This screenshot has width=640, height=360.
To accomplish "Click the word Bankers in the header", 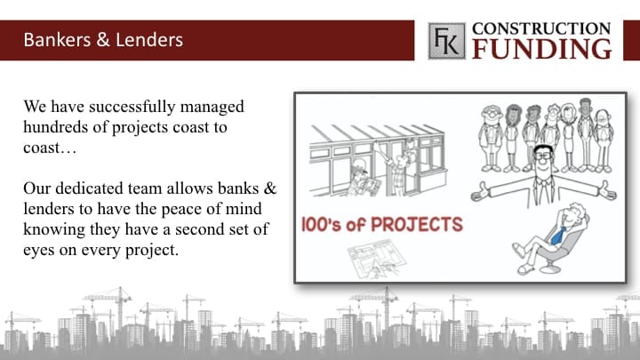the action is click(57, 40).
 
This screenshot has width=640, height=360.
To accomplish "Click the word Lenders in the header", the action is click(149, 40).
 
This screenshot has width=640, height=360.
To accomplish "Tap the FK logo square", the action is click(446, 41).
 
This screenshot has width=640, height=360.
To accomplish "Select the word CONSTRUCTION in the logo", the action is click(541, 28).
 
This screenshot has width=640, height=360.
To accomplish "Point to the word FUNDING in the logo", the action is click(542, 49).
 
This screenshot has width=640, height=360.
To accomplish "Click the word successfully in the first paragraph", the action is click(132, 107).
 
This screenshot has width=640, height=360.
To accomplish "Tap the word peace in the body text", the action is click(180, 210).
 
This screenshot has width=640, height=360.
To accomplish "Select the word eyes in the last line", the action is click(39, 250).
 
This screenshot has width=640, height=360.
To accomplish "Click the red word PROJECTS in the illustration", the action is click(417, 225).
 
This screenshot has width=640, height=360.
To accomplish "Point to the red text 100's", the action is click(320, 225).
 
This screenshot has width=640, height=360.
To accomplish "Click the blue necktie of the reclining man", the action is click(558, 236).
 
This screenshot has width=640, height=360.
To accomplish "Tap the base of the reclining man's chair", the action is click(549, 268).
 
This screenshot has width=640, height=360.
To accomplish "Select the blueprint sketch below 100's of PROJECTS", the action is click(375, 260).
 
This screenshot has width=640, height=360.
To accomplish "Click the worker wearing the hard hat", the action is click(360, 178).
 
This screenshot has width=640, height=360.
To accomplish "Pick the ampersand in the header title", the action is click(103, 40).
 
